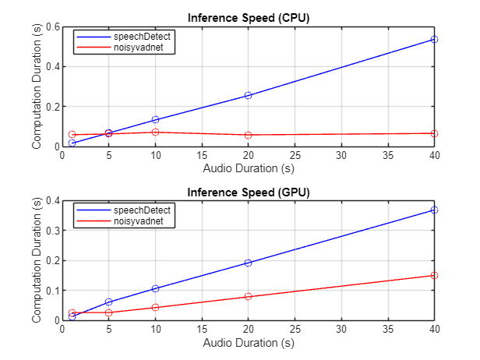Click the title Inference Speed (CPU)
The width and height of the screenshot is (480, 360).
tap(248, 19)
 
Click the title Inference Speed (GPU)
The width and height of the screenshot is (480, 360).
tap(248, 192)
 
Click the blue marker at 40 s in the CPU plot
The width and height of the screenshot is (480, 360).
tap(434, 39)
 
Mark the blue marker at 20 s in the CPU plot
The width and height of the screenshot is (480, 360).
tap(248, 95)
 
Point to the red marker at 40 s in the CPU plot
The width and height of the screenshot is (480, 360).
tap(434, 133)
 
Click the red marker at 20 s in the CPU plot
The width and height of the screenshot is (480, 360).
tap(248, 135)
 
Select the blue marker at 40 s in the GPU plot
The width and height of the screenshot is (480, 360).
tap(434, 210)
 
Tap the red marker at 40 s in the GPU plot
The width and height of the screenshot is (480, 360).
tap(434, 275)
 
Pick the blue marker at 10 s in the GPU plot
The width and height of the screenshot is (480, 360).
tap(155, 288)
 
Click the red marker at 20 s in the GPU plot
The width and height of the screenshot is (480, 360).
tap(248, 296)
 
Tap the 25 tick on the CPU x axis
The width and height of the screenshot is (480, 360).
tap(295, 155)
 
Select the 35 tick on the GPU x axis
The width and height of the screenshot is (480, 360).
tap(387, 329)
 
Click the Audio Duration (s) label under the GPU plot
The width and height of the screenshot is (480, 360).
tap(248, 341)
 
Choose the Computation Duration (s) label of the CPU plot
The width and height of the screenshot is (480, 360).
tap(36, 86)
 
